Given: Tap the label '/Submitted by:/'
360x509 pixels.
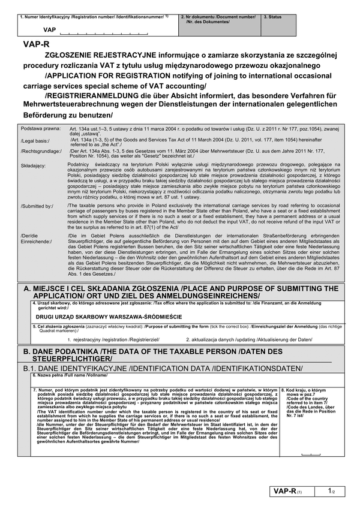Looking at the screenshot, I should tap(37, 206).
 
